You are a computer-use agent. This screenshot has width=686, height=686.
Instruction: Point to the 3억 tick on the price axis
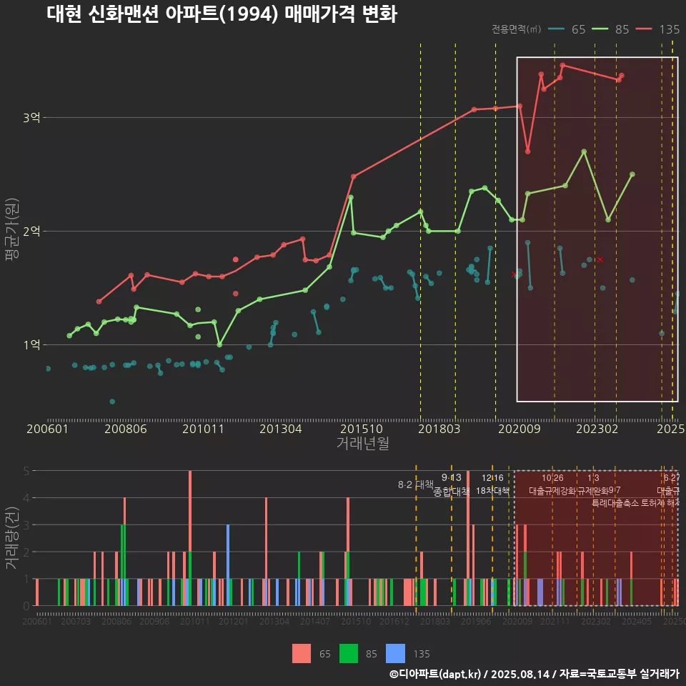[x=31, y=117]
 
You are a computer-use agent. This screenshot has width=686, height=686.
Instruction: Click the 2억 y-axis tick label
[x=31, y=231]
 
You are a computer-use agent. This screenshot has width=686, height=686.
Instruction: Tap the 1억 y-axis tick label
[x=31, y=344]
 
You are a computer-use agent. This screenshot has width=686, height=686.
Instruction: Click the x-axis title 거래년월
[x=362, y=444]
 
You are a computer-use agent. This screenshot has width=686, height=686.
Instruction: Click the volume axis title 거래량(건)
[x=11, y=537]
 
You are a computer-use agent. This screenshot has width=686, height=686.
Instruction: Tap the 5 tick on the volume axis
[x=26, y=471]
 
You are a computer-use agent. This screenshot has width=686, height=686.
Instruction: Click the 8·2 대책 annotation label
[x=416, y=484]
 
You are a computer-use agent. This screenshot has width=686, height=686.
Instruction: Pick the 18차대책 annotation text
[x=492, y=491]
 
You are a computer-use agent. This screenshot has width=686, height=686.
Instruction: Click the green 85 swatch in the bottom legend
[x=348, y=653]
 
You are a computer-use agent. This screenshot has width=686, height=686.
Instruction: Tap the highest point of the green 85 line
[x=584, y=151]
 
